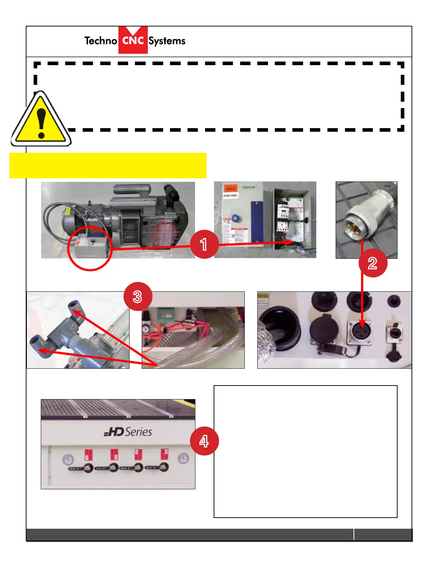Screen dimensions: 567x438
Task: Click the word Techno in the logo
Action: pyautogui.click(x=101, y=41)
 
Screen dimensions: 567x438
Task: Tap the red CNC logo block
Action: pyautogui.click(x=133, y=40)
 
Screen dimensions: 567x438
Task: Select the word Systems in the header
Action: pyautogui.click(x=167, y=41)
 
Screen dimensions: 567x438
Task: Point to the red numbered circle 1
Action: pyautogui.click(x=204, y=244)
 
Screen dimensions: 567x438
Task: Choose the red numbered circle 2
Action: pyautogui.click(x=373, y=263)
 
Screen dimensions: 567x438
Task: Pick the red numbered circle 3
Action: pyautogui.click(x=138, y=297)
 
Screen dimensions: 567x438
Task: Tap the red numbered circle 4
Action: pyautogui.click(x=204, y=441)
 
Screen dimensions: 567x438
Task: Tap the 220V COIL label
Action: pyautogui.click(x=231, y=195)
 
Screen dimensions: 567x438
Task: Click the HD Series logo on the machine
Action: pyautogui.click(x=128, y=432)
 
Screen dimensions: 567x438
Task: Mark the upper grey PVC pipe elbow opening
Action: pyautogui.click(x=74, y=305)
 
